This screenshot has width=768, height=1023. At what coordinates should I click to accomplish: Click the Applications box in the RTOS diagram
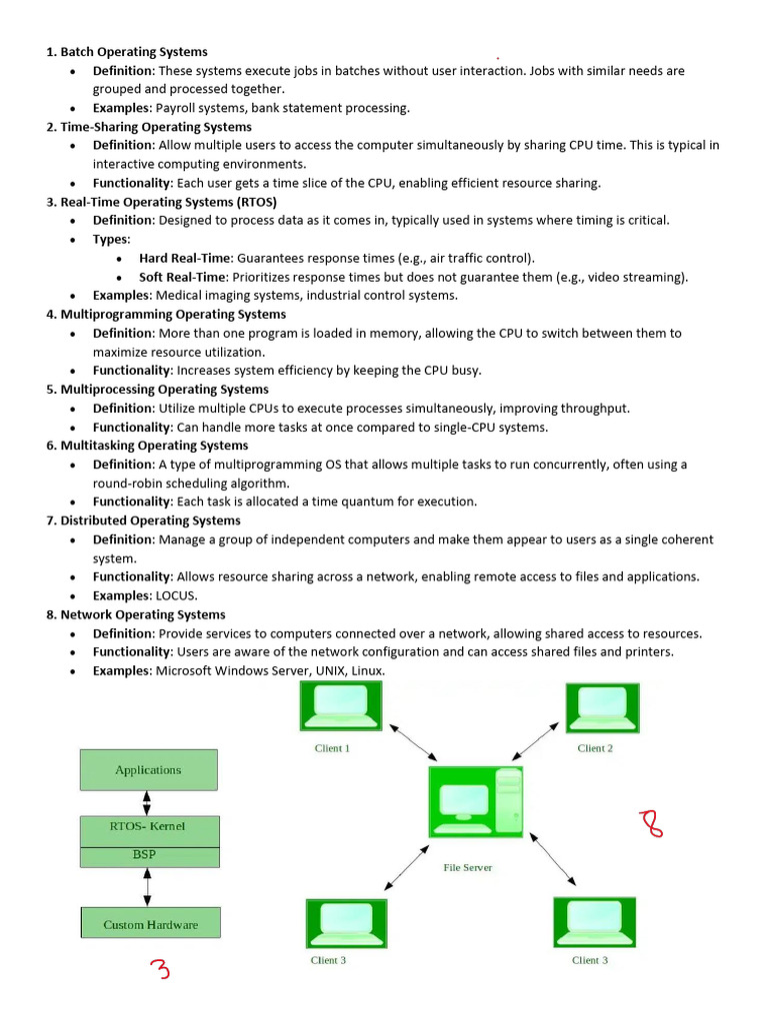(x=148, y=769)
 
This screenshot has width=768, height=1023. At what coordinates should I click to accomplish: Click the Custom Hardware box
(x=150, y=923)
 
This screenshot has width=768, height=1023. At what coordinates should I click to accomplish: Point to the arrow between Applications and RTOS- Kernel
(x=147, y=802)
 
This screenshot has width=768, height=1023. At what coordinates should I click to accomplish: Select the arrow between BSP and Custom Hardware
(x=147, y=886)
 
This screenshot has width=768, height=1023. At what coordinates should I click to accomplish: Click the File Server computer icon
(x=475, y=801)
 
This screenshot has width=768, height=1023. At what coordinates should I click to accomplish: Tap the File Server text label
(x=468, y=867)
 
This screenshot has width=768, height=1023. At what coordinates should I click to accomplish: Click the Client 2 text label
(x=595, y=747)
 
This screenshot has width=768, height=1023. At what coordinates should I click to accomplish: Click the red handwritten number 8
(x=652, y=823)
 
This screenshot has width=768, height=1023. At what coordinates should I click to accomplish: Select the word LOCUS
(x=175, y=595)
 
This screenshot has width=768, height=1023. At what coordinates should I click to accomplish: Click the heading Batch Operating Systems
(x=134, y=52)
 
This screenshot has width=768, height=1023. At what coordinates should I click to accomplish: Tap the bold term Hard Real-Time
(x=184, y=258)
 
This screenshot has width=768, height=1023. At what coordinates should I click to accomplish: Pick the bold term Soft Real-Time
(x=183, y=277)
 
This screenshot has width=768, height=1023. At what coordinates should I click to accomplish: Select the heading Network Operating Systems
(x=142, y=614)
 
